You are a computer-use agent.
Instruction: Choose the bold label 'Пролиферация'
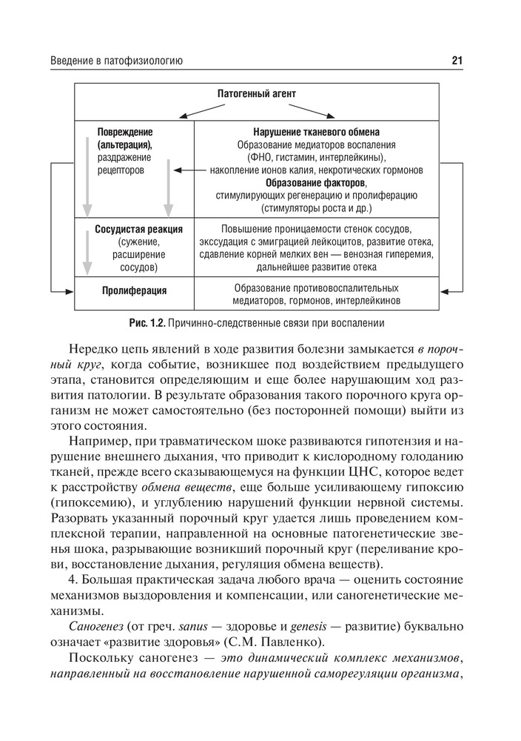(134, 290)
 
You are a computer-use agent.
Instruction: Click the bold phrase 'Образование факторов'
(317, 182)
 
